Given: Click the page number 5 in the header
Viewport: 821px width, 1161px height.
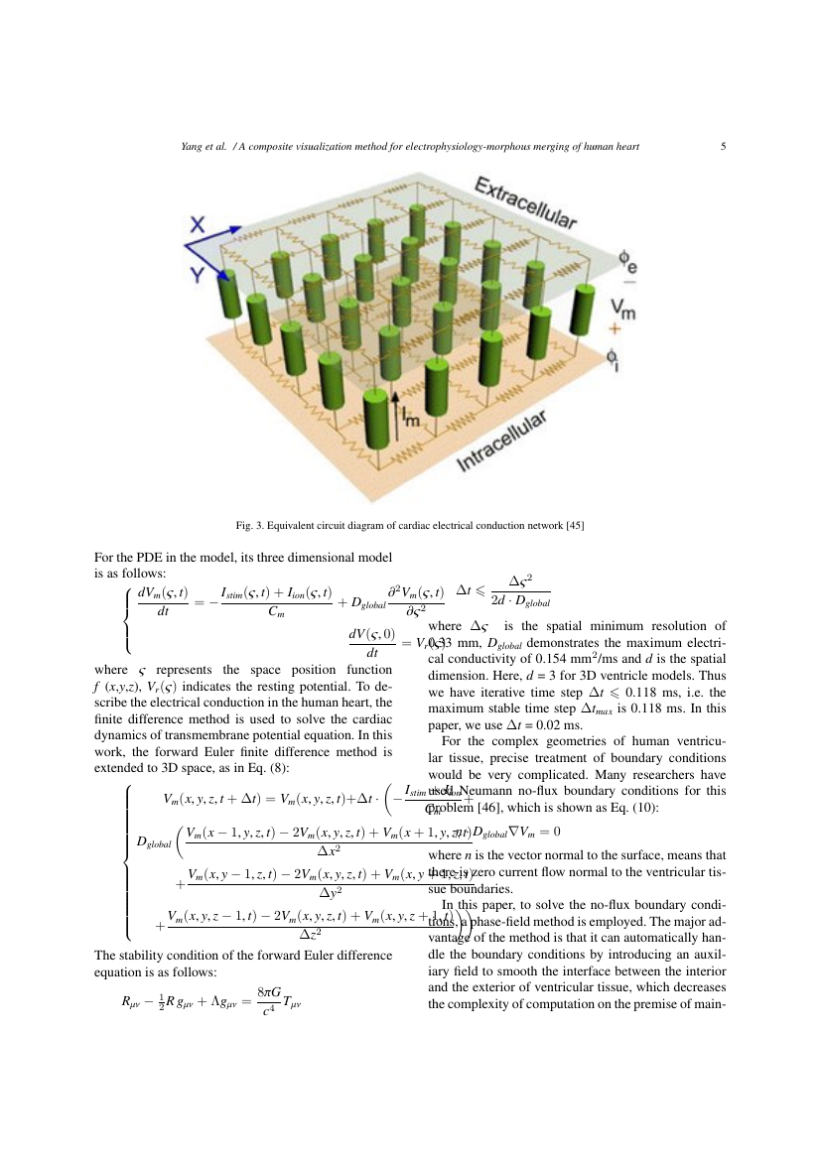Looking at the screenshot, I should pos(724,147).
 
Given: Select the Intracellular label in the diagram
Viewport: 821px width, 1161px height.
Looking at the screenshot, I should pos(502,443).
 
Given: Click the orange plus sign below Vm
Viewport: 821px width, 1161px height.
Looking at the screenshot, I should pos(615,328).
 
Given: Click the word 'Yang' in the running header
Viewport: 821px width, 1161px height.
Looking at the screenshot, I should pos(192,147).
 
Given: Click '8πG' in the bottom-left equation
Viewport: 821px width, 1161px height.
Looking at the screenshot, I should pos(265,990).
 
